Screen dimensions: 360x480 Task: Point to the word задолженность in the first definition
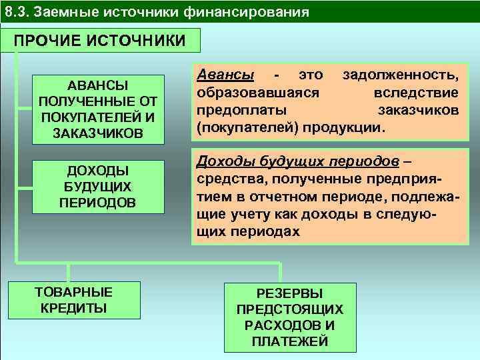pos(400,76)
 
